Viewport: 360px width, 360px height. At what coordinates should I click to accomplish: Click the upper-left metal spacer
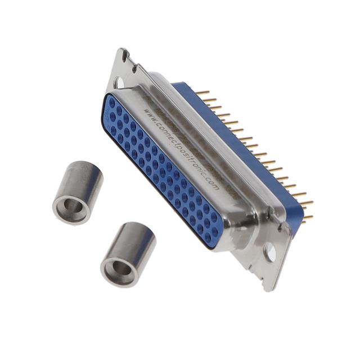tap(78, 192)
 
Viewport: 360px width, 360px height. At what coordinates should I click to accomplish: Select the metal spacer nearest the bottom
tap(128, 253)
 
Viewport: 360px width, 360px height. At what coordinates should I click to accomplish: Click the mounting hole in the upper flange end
tap(120, 83)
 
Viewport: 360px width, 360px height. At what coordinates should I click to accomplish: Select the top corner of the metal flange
tap(123, 51)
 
